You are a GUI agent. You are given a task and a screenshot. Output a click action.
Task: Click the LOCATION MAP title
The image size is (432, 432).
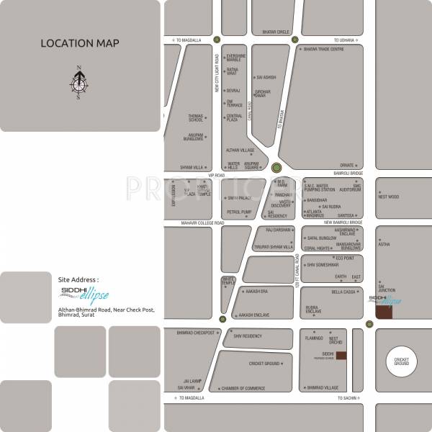pyautogui.click(x=80, y=43)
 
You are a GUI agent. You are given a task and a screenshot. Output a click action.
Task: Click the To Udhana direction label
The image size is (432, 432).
pyautogui.click(x=345, y=40)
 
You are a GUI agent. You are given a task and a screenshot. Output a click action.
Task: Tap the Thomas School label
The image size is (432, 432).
pyautogui.click(x=195, y=117)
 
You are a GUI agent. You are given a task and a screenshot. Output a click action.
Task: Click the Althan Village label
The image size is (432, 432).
pyautogui.click(x=240, y=150)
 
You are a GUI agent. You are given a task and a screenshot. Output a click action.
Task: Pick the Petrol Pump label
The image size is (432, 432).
pyautogui.click(x=239, y=212)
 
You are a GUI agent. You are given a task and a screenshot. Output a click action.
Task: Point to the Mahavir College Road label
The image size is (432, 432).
pyautogui.click(x=203, y=223)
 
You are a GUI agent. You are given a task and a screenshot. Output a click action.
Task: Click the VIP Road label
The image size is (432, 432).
pyautogui.click(x=216, y=175)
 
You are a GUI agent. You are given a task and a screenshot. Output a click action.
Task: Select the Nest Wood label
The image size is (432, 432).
pyautogui.click(x=389, y=197)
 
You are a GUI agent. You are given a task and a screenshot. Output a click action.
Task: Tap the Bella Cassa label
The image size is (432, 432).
pyautogui.click(x=344, y=292)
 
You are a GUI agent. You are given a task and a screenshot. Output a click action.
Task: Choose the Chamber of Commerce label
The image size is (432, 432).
pyautogui.click(x=243, y=388)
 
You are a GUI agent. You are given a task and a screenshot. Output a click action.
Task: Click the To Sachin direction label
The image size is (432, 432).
pyautogui.click(x=345, y=397)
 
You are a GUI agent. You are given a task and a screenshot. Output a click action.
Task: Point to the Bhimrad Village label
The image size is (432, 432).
pyautogui.click(x=322, y=387)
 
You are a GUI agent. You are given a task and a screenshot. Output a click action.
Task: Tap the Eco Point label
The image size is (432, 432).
pyautogui.click(x=345, y=258)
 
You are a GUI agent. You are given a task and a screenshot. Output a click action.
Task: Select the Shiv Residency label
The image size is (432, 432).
pyautogui.click(x=248, y=336)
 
